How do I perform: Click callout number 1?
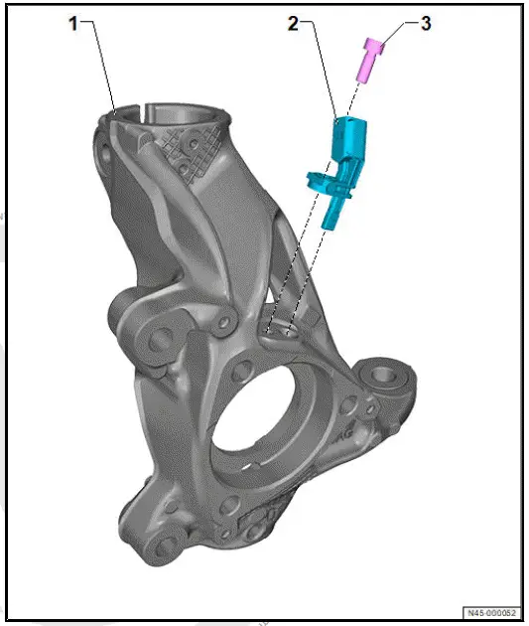(x=73, y=25)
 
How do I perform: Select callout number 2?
(x=294, y=24)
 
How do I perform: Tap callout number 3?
(x=425, y=24)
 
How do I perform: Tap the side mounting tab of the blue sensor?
(x=317, y=180)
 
